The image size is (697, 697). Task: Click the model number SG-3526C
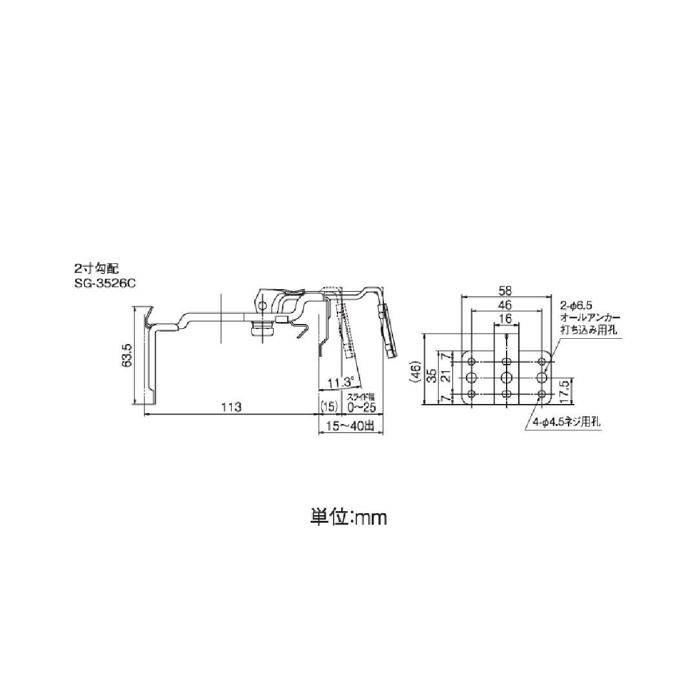coord(105,282)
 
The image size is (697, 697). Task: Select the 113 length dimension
coord(231,407)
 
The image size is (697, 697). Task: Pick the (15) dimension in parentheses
coord(329,407)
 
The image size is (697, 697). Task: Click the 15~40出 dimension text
coord(350,425)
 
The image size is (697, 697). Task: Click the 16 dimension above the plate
coord(505,318)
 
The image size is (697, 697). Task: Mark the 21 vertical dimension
coord(445,376)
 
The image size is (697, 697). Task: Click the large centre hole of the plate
coord(507,376)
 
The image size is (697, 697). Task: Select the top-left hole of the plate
coord(472,360)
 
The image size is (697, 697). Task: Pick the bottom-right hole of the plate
coord(541,393)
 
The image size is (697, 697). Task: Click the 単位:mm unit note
coord(348,518)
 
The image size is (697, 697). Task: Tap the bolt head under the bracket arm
coord(263,330)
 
